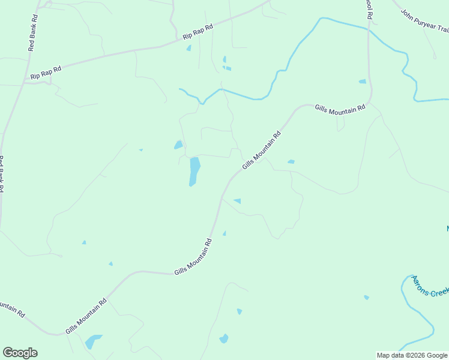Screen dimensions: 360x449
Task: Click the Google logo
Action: (20, 353)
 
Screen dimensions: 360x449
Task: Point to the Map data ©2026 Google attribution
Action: (412, 355)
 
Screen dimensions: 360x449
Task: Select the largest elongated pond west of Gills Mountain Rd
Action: (194, 171)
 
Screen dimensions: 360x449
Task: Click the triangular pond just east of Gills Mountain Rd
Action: (238, 200)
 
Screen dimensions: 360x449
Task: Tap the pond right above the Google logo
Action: (93, 342)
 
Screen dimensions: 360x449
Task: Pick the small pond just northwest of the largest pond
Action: (178, 145)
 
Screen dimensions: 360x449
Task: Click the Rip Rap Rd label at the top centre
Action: (198, 32)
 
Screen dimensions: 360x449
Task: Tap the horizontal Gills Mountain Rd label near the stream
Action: (340, 108)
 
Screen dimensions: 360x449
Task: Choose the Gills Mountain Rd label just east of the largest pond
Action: (262, 151)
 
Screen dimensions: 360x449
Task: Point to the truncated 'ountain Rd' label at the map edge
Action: (11, 308)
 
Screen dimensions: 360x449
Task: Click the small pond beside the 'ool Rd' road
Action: (362, 81)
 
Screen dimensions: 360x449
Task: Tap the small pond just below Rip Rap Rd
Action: (188, 48)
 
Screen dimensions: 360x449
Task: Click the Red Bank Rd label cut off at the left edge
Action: (2, 174)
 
